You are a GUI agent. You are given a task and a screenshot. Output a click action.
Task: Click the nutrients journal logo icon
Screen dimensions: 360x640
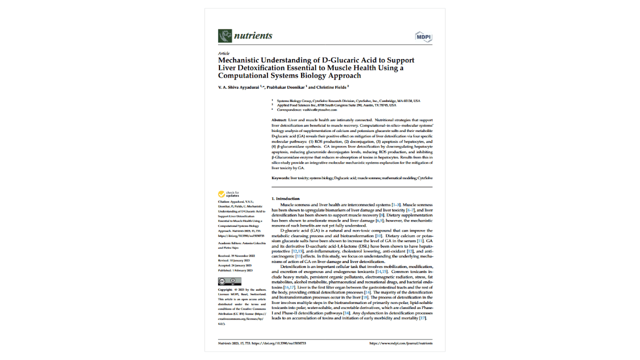point(225,36)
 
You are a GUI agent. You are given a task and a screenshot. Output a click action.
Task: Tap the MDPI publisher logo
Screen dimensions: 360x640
point(423,36)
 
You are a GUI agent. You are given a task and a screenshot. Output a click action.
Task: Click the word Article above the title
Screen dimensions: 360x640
point(223,53)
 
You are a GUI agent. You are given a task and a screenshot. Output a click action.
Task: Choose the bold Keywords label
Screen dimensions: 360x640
point(280,178)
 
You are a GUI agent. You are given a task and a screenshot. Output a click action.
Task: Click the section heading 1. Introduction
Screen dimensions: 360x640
point(285,199)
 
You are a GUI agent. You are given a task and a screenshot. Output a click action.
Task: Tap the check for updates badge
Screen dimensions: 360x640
point(228,194)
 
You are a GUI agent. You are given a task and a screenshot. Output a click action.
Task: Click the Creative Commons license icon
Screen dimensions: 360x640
point(229,281)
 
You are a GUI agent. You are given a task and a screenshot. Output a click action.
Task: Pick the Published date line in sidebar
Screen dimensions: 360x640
point(235,270)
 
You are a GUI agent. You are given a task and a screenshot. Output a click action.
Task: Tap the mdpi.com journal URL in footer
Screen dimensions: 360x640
point(400,343)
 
